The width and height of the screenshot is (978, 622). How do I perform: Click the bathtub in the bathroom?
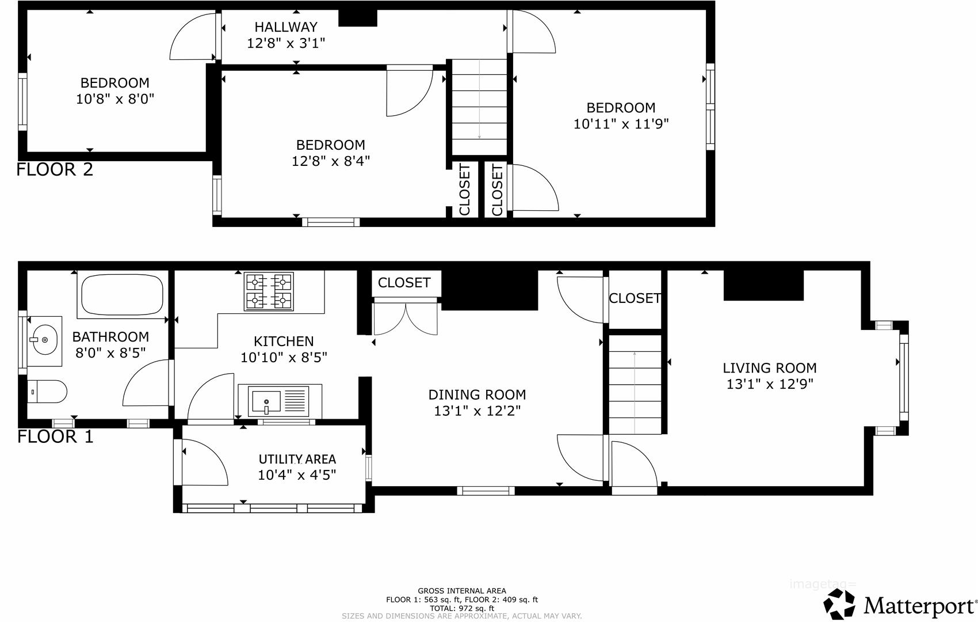point(122,294)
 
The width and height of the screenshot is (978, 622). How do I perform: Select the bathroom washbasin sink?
point(45,340)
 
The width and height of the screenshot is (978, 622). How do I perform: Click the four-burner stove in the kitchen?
point(269,291)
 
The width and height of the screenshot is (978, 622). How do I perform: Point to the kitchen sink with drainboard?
point(279,401)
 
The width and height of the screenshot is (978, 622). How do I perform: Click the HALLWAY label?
point(286,27)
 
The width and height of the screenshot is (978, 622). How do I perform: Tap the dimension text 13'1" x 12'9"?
point(770,384)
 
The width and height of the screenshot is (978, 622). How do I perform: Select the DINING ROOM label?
point(477,395)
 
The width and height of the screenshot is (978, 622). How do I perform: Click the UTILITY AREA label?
point(297,459)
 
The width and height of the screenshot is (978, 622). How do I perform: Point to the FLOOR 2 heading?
point(55,169)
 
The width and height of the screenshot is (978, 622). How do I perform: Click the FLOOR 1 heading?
point(55,437)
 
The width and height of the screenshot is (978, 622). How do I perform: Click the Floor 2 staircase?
point(479,107)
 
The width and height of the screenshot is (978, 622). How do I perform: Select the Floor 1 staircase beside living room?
point(635,384)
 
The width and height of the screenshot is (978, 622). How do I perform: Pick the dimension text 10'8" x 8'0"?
point(115,98)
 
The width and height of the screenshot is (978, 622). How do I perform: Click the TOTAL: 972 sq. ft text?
point(462,608)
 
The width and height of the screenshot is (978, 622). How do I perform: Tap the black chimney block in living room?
point(763,285)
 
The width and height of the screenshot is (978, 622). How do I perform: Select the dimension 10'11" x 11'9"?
point(621,123)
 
